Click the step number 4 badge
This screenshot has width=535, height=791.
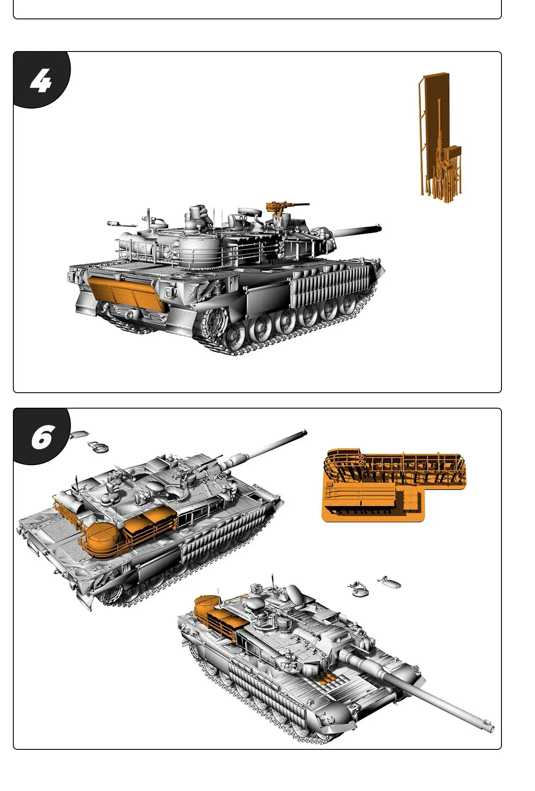[41, 81]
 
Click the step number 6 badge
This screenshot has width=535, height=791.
[42, 437]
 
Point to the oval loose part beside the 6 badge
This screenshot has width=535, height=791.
[78, 434]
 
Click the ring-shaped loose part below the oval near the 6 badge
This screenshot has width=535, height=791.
[98, 447]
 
